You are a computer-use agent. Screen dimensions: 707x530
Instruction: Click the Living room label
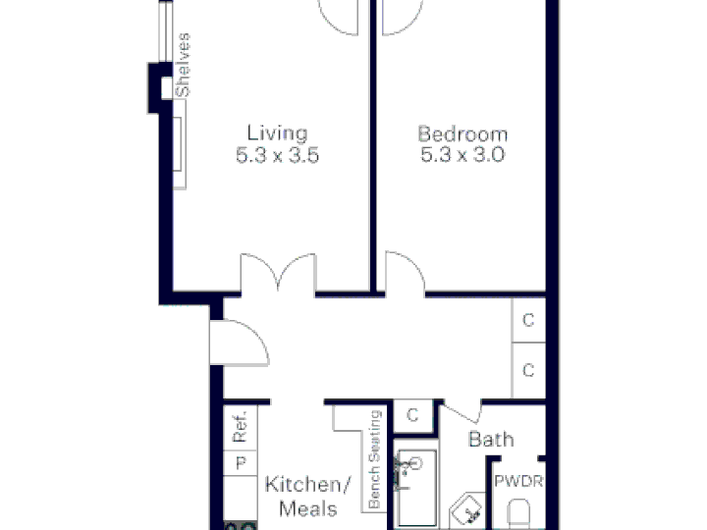coord(277,132)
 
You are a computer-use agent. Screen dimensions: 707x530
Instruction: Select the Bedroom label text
coord(462,134)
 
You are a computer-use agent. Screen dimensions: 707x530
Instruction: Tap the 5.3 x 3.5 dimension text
coord(277,155)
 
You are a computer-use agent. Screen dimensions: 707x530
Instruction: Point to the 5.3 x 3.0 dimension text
coord(462,155)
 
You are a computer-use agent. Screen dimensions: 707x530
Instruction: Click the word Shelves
coord(183,65)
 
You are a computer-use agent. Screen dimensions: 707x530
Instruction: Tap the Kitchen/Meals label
coord(308,497)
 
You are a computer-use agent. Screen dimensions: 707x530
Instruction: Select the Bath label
coord(491,439)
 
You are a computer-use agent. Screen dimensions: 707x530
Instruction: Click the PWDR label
coord(518,481)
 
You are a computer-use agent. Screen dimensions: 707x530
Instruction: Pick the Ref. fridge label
coord(241,426)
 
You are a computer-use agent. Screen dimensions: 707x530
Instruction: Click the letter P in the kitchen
coord(241,463)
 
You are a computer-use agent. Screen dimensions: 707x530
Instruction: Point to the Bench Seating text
coord(375,459)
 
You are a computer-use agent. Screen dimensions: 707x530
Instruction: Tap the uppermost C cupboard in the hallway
coord(528,320)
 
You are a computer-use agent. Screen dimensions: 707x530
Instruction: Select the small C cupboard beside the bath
coord(412,415)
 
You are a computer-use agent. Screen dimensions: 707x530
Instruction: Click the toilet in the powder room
coord(518,513)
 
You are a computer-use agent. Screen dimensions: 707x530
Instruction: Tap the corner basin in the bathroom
coord(467,511)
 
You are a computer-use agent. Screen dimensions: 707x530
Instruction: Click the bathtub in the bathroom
coord(414,488)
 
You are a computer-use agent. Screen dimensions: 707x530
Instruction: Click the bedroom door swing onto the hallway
coord(405,273)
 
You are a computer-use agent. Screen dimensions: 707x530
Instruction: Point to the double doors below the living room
coord(278,274)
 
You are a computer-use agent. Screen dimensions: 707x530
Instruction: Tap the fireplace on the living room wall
coord(180,144)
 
